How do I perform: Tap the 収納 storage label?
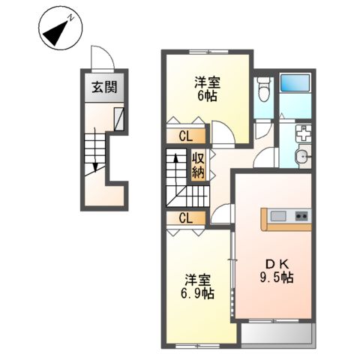coord(198,165)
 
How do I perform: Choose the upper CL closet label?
coord(187,136)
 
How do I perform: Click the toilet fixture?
coord(262,92)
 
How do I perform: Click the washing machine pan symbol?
coord(304,135)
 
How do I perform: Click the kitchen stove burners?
coord(301,217)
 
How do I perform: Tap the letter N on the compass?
coord(69,16)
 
